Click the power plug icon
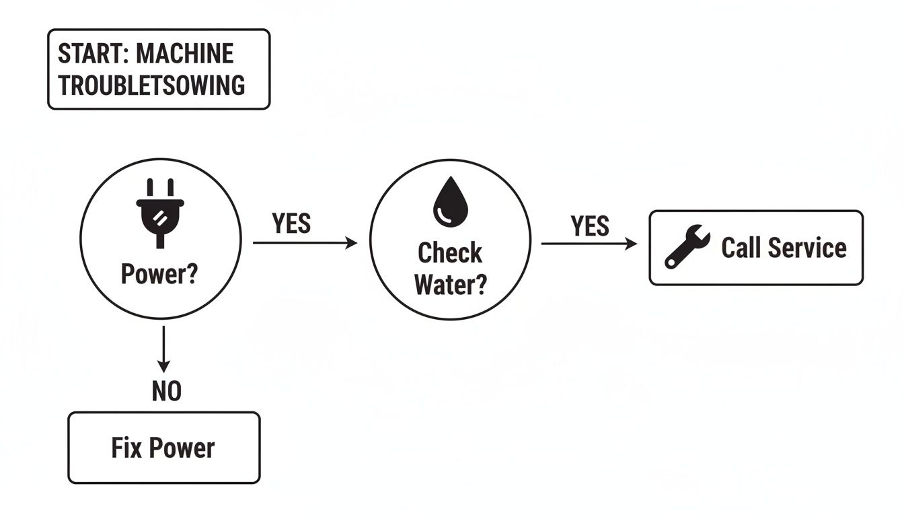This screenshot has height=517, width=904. tap(160, 211)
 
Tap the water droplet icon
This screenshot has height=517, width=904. tap(449, 203)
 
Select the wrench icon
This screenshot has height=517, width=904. tap(686, 248)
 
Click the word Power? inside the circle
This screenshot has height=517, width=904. tap(159, 275)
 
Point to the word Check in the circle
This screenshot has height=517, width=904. tap(450, 253)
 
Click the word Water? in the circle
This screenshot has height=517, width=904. tap(450, 284)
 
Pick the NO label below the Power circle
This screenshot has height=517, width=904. tap(166, 391)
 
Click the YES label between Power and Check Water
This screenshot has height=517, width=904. tap(291, 224)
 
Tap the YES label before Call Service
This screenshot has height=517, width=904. tap(590, 226)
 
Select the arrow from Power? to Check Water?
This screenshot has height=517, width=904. tap(305, 243)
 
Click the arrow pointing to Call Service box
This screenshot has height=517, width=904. tap(589, 244)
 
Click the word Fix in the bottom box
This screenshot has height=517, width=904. tap(127, 448)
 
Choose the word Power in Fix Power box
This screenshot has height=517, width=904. tap(182, 448)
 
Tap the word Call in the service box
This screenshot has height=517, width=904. tap(742, 248)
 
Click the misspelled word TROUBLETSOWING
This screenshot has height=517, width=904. tap(151, 85)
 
